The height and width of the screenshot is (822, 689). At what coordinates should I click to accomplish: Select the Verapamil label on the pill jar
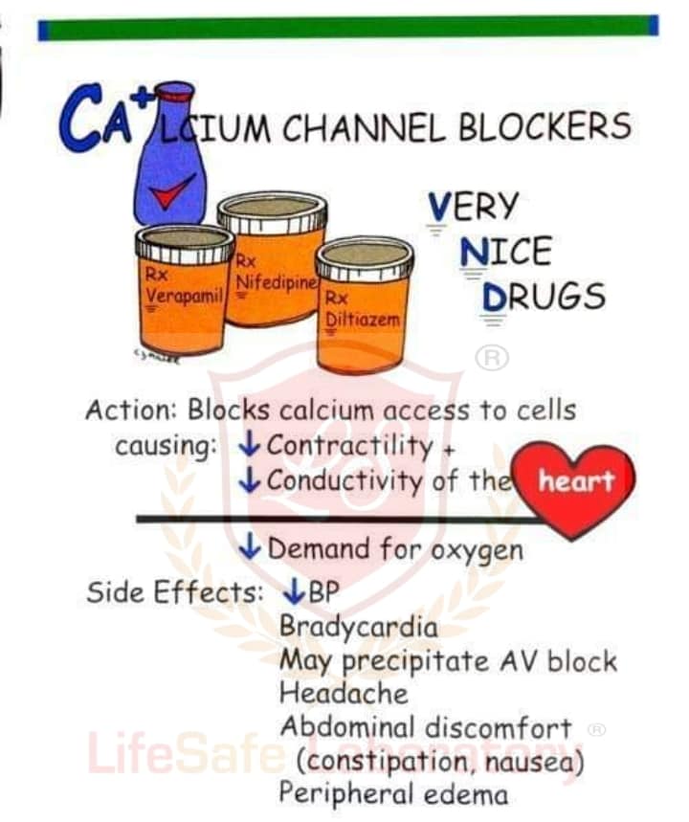(x=185, y=295)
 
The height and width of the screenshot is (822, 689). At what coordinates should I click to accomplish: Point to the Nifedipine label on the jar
(x=277, y=282)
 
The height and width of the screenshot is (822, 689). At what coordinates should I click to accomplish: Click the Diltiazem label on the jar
(x=363, y=319)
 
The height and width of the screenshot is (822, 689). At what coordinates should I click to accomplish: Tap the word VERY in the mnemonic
(x=474, y=206)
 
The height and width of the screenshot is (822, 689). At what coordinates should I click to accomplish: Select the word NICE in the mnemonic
(x=506, y=251)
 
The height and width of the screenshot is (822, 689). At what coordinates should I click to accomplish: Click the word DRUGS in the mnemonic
(x=544, y=297)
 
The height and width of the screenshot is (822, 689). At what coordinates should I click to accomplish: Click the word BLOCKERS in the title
(x=545, y=126)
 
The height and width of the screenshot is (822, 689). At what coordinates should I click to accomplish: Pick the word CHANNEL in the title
(x=364, y=127)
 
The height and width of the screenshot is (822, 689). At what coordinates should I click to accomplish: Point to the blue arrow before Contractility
(x=249, y=445)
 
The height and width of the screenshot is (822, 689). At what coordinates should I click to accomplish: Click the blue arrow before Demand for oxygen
(x=250, y=548)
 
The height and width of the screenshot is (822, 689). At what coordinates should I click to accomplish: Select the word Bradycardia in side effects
(x=359, y=627)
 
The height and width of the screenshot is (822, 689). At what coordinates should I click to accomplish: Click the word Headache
(x=344, y=693)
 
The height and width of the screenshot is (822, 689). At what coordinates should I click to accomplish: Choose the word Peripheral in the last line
(x=347, y=794)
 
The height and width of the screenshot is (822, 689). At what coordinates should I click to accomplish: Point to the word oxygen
(x=477, y=551)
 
